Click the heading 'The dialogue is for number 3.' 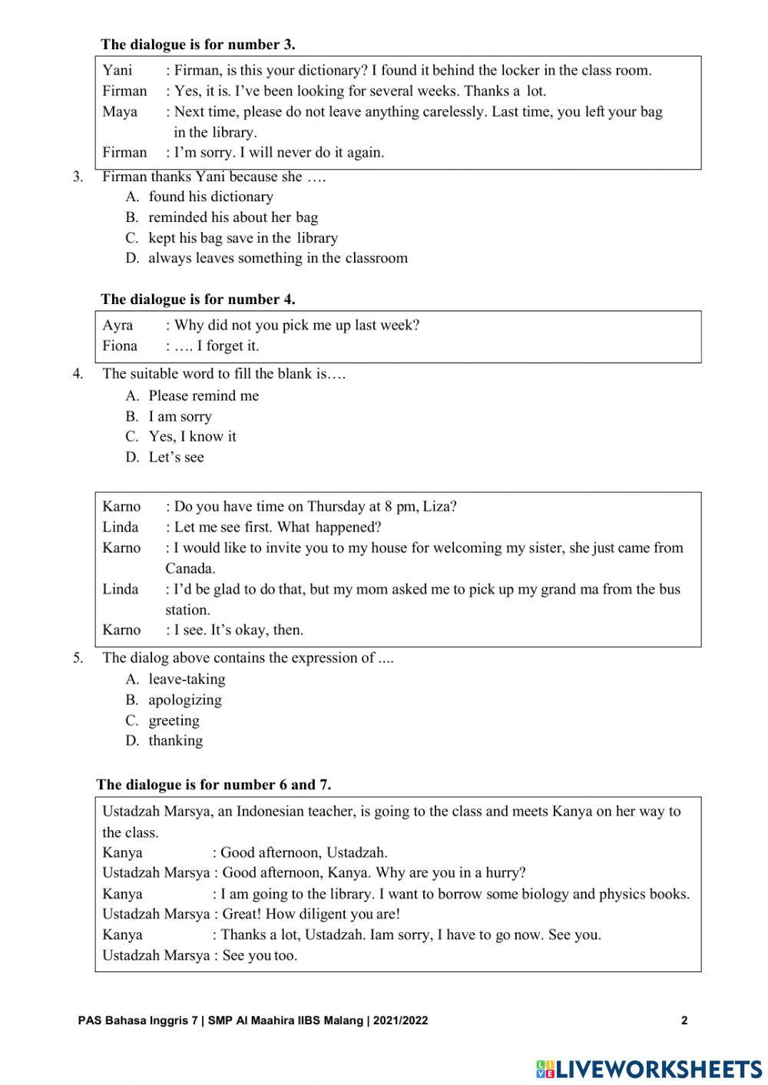pos(197,45)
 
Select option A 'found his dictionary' pos(210,197)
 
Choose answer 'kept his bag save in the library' pos(243,238)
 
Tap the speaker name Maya pos(120,112)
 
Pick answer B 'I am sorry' pos(180,417)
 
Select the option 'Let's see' pos(176,458)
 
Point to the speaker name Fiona pos(120,346)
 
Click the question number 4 pos(78,374)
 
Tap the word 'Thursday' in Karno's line pos(335,507)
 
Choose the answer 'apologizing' pos(185,700)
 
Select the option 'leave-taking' pos(187,680)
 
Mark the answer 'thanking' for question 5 pos(176,741)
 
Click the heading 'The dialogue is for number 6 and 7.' pos(214,785)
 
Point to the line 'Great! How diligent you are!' pos(311,915)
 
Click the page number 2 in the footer pos(684,1020)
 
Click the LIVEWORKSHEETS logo pos(649,1068)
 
